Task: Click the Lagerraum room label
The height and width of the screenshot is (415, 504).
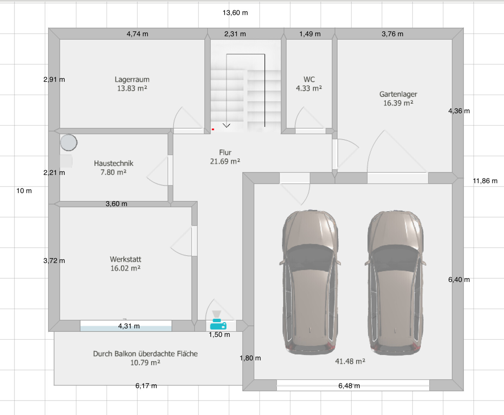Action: pyautogui.click(x=132, y=79)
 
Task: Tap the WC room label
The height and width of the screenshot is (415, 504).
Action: pyautogui.click(x=309, y=79)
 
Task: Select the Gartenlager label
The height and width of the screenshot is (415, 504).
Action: pyautogui.click(x=398, y=94)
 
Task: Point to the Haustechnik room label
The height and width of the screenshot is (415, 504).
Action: pyautogui.click(x=114, y=163)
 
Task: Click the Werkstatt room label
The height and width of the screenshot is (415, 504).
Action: pyautogui.click(x=125, y=259)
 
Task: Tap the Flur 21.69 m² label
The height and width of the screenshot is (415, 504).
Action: pyautogui.click(x=225, y=157)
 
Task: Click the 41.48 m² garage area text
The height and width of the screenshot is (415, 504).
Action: pyautogui.click(x=350, y=361)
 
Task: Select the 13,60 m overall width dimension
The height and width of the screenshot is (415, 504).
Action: pyautogui.click(x=235, y=13)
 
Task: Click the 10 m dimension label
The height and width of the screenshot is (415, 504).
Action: pyautogui.click(x=24, y=191)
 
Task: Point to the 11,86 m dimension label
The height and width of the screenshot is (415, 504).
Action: pyautogui.click(x=485, y=181)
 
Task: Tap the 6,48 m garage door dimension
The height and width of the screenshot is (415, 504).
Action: pyautogui.click(x=349, y=386)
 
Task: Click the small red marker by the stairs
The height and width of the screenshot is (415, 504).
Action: pyautogui.click(x=213, y=129)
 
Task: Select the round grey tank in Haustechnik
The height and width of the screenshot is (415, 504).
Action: pyautogui.click(x=69, y=143)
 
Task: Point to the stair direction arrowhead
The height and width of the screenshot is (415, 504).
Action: pyautogui.click(x=227, y=125)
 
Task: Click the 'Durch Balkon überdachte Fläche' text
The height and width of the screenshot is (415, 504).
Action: pyautogui.click(x=145, y=354)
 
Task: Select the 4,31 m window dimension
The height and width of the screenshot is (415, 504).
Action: pyautogui.click(x=129, y=326)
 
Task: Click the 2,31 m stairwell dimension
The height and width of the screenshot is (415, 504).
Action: pyautogui.click(x=235, y=34)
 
